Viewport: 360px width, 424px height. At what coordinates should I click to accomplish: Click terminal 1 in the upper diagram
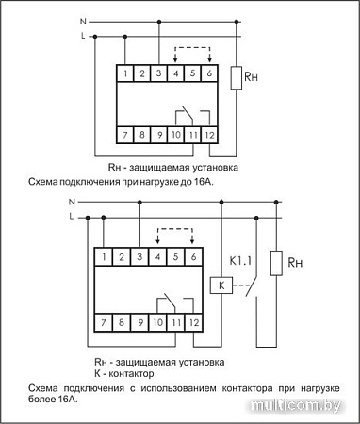(124, 73)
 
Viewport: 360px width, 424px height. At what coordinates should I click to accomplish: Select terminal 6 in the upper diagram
(207, 73)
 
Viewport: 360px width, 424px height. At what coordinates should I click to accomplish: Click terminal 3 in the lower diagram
(141, 256)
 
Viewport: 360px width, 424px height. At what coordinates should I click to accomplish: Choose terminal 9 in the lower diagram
(141, 323)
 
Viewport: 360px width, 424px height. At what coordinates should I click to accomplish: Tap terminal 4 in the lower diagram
(157, 256)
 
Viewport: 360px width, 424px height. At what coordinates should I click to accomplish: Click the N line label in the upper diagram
(85, 19)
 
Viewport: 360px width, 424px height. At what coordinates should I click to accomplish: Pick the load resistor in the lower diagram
(275, 263)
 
